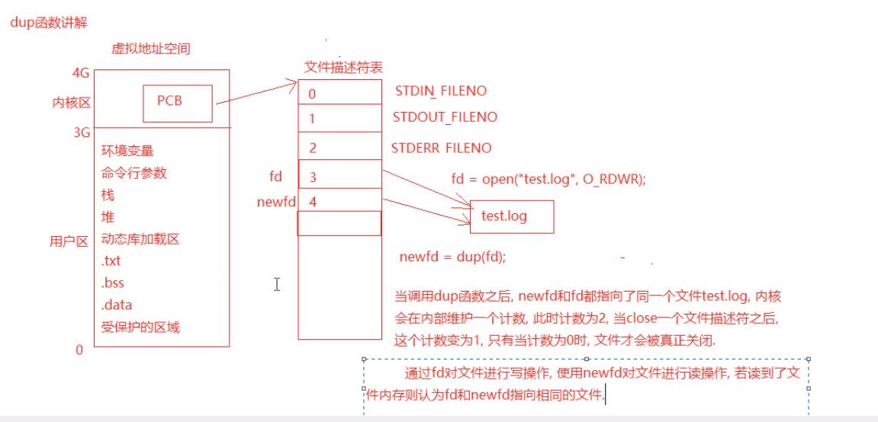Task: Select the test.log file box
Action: tap(512, 216)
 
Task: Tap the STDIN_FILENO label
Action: tap(441, 91)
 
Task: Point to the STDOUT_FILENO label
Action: tap(445, 117)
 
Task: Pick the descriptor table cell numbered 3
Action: tap(339, 177)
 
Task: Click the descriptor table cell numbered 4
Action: tap(339, 202)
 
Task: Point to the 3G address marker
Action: tap(82, 133)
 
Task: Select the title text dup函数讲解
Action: tap(49, 23)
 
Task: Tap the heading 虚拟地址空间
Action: tap(150, 49)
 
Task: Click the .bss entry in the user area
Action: tap(113, 283)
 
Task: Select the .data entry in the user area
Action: tap(116, 305)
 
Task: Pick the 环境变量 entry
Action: tap(127, 151)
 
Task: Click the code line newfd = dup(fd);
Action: tap(452, 257)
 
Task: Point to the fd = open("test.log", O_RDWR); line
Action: tap(548, 179)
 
